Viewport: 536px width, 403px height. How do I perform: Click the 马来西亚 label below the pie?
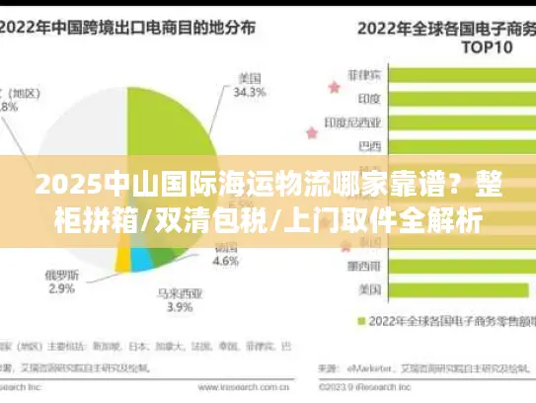click(x=178, y=292)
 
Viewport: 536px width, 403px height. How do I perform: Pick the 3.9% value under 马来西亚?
click(x=178, y=307)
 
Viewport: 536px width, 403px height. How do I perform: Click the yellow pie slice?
click(x=123, y=259)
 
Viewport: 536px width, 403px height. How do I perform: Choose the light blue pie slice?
click(x=142, y=259)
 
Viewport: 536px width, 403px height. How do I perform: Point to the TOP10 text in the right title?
click(x=463, y=45)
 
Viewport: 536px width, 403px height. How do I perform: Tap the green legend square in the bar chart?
click(x=361, y=320)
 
